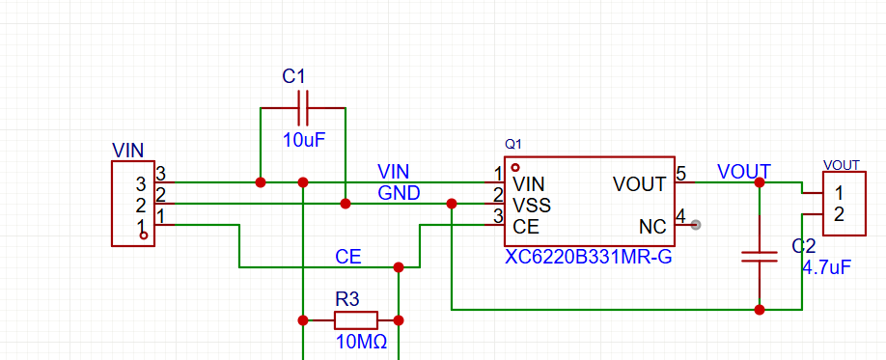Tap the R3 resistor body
(x=355, y=319)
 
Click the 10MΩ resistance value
(x=361, y=342)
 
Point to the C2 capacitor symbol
(x=760, y=257)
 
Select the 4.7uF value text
(x=826, y=267)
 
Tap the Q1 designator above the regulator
(x=513, y=144)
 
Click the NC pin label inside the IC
(x=652, y=228)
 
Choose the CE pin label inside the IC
(x=526, y=228)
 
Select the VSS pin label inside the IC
(x=532, y=206)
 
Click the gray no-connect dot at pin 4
(x=697, y=225)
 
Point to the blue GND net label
(x=399, y=193)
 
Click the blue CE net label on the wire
(x=348, y=257)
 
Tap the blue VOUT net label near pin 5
(x=743, y=172)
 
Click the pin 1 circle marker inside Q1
(x=515, y=166)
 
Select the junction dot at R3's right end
(x=398, y=319)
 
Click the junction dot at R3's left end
(x=303, y=319)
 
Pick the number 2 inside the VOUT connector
(x=840, y=214)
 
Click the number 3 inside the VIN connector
(x=140, y=183)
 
